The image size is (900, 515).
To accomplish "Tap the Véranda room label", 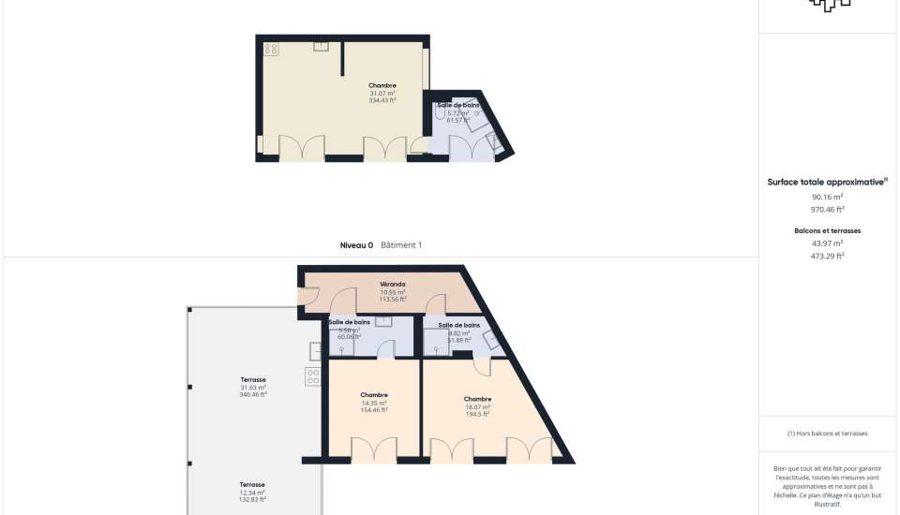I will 392,284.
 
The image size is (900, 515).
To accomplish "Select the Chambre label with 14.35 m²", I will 374,395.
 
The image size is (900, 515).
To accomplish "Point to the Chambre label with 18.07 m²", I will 477,399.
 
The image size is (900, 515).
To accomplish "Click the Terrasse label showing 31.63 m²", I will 253,380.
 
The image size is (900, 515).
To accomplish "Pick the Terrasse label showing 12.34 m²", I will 253,485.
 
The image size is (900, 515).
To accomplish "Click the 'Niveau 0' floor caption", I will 356,245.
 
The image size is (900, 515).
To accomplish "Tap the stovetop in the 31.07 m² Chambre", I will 271,48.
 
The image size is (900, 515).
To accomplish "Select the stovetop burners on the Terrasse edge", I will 312,376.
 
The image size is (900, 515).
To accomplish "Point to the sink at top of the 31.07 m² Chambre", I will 321,44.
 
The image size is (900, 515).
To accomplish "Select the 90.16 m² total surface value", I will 827,198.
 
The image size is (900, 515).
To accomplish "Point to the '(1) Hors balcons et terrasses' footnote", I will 827,434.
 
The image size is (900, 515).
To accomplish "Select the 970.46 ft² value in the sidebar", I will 827,210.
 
